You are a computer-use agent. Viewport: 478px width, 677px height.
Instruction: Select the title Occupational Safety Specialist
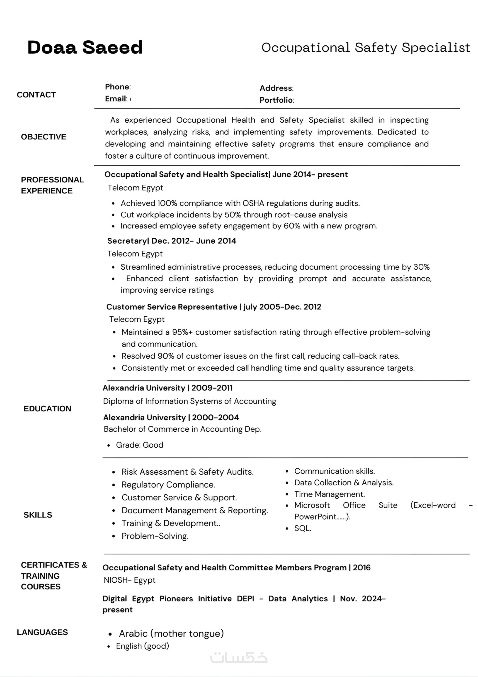point(365,47)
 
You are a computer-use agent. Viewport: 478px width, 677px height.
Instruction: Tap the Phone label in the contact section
point(117,87)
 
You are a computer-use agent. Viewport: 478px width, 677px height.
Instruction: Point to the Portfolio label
point(276,100)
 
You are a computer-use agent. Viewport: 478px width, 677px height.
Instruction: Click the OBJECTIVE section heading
point(44,137)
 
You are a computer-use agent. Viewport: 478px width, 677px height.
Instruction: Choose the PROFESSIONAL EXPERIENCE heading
point(52,185)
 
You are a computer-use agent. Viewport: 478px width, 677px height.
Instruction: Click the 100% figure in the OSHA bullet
point(167,203)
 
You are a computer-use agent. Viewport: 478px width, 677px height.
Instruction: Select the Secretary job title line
point(172,241)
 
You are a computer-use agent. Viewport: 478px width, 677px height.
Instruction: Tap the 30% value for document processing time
point(421,267)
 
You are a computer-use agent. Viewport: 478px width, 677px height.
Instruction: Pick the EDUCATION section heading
point(47,409)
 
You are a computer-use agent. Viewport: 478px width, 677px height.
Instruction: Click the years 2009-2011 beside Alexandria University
point(212,388)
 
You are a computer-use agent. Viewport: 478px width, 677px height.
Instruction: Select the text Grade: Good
point(139,445)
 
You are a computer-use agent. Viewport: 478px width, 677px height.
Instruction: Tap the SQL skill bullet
point(302,528)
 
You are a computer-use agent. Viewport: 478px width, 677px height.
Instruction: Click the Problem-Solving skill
point(155,536)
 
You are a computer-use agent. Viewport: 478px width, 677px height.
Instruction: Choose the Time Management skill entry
point(330,494)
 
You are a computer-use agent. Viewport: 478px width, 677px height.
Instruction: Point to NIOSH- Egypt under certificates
point(129,580)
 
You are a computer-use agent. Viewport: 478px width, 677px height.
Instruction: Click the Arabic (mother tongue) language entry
point(171,633)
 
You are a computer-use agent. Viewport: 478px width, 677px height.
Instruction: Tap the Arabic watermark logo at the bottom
point(239,657)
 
